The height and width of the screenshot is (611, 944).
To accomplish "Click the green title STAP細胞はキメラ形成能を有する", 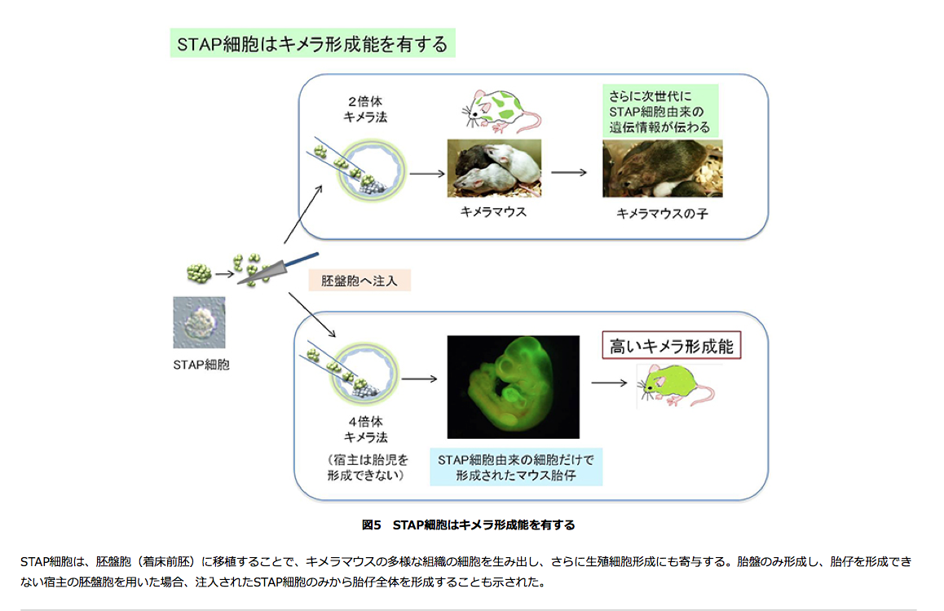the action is click(311, 43).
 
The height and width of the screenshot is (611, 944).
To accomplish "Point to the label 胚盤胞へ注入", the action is click(360, 281).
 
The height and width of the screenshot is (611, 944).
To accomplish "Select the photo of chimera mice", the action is click(493, 168).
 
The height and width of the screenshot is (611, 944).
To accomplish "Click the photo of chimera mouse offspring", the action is click(662, 168).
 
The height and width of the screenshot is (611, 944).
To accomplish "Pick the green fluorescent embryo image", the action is click(514, 387).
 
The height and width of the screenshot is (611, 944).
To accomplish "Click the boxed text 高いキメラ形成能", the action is click(672, 347).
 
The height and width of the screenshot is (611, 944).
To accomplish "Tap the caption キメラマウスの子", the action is click(659, 214).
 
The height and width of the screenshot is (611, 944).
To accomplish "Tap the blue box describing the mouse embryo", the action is click(515, 467).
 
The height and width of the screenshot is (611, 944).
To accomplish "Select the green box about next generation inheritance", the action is click(659, 110).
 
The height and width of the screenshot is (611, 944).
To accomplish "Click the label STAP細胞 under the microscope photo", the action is click(201, 365).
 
